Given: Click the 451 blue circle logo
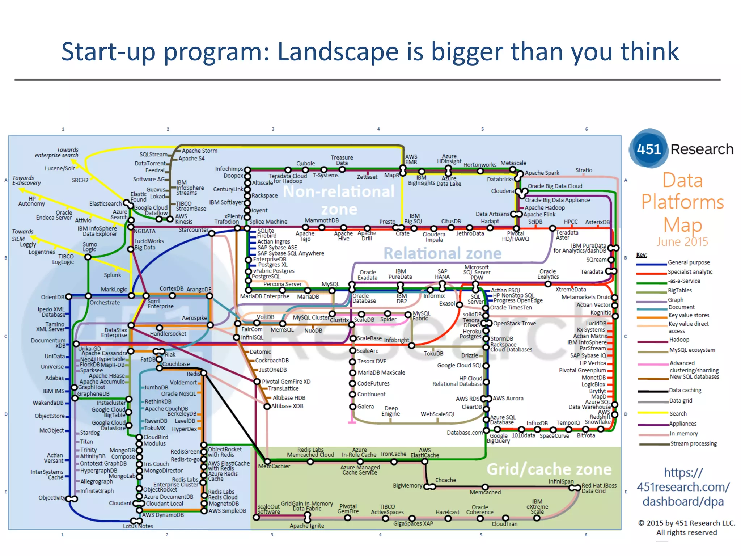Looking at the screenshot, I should (648, 149).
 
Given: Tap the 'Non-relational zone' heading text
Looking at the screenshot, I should (339, 200).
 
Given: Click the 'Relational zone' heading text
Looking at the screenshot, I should (442, 253).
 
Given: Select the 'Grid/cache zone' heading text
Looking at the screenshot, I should (549, 469).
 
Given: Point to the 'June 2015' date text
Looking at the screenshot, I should (682, 241).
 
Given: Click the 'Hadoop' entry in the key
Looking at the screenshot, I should (679, 340).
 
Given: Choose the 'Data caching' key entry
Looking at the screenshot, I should (685, 390).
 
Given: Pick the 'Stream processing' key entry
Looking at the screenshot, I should (693, 443).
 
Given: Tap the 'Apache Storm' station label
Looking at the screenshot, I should (199, 151).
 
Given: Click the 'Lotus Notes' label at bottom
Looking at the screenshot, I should (138, 526).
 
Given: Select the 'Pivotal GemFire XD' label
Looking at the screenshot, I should (286, 382).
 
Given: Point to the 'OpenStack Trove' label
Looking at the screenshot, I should (514, 323).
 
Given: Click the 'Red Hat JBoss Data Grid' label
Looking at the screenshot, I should (599, 488).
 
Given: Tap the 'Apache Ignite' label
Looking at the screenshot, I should (307, 526).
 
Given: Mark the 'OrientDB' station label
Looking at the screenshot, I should (52, 297).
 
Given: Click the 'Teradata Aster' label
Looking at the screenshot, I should (567, 235).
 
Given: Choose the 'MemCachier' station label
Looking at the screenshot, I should (274, 466).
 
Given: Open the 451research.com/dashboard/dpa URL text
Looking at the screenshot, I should (683, 487).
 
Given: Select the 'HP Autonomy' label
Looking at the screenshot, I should (31, 201).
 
